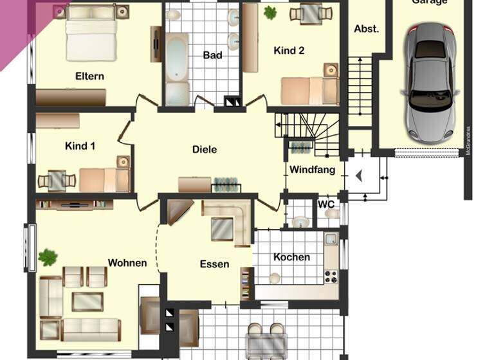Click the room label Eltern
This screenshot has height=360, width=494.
click(89, 76)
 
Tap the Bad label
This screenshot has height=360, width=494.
click(212, 55)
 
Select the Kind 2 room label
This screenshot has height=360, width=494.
click(289, 51)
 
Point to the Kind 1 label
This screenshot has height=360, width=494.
click(80, 146)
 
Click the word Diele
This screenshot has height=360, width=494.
click(205, 149)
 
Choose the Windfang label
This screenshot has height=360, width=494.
click(312, 170)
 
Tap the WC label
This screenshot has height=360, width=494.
click(327, 204)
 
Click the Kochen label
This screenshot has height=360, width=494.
click(291, 257)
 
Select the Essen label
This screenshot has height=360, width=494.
click(214, 264)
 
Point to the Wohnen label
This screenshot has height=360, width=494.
click(127, 262)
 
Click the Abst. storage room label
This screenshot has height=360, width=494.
click(366, 29)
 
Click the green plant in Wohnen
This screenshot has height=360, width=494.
click(48, 257)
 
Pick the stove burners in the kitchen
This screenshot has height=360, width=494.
click(331, 276)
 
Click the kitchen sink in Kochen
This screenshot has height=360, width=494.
click(330, 240)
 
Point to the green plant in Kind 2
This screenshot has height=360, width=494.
click(270, 12)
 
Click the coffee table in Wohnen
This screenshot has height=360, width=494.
click(86, 301)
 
